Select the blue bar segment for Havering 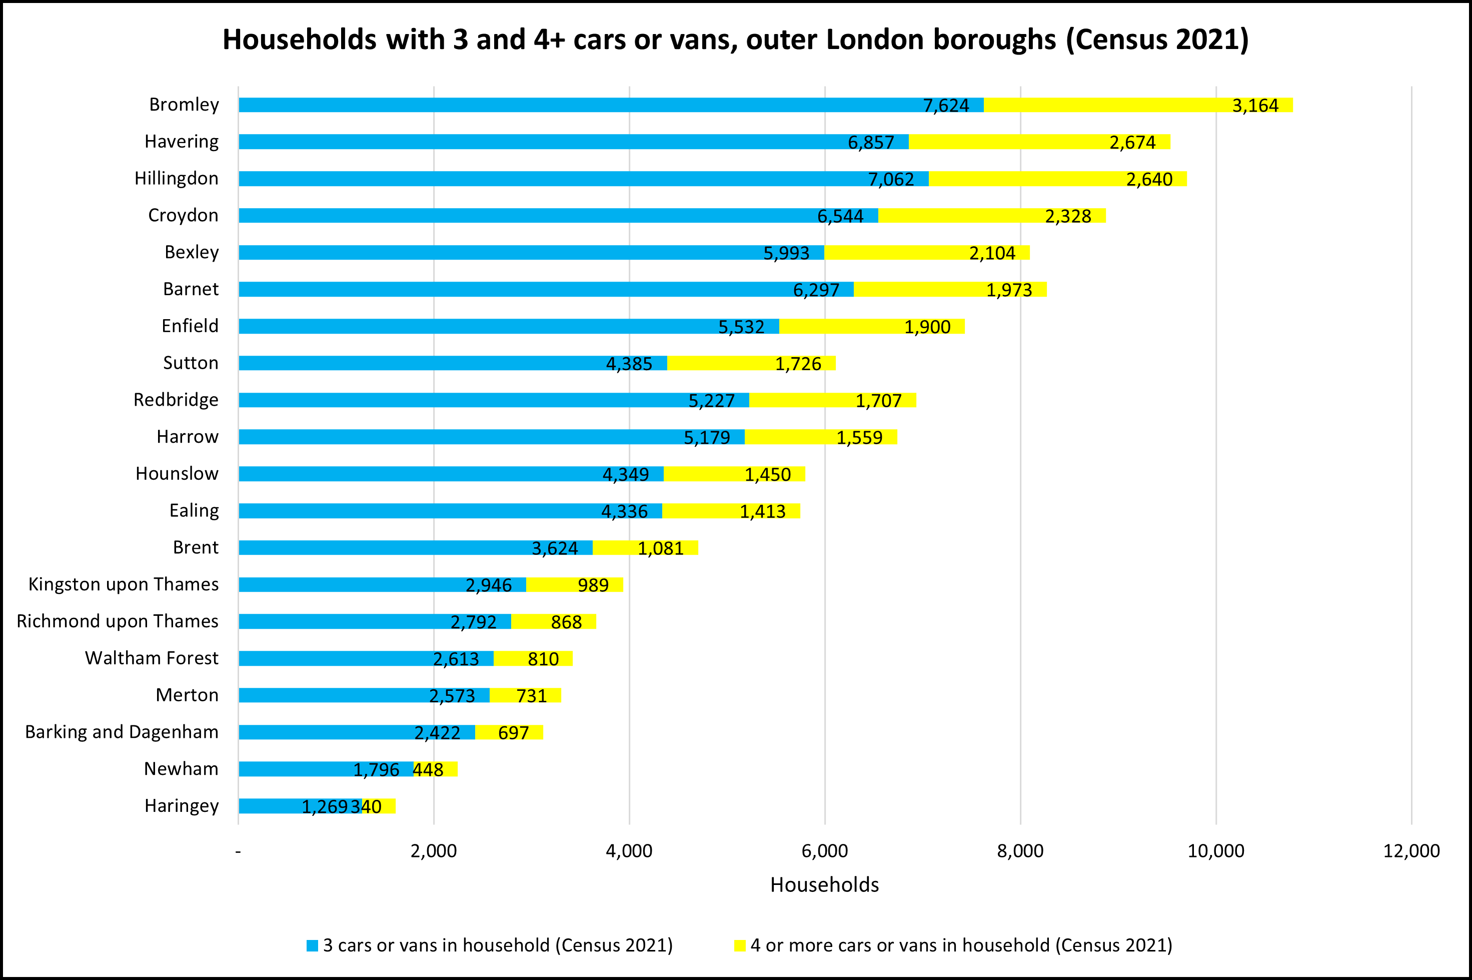[562, 142]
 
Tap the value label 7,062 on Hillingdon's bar [891, 180]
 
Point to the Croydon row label [183, 216]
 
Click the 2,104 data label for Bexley [992, 253]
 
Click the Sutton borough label [191, 363]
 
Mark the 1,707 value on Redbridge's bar [878, 401]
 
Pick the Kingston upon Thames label [124, 584]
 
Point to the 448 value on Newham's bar [429, 770]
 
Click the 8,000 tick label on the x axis [1020, 851]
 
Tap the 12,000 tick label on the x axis [1411, 851]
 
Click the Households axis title [824, 885]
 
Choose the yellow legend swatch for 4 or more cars [740, 945]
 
